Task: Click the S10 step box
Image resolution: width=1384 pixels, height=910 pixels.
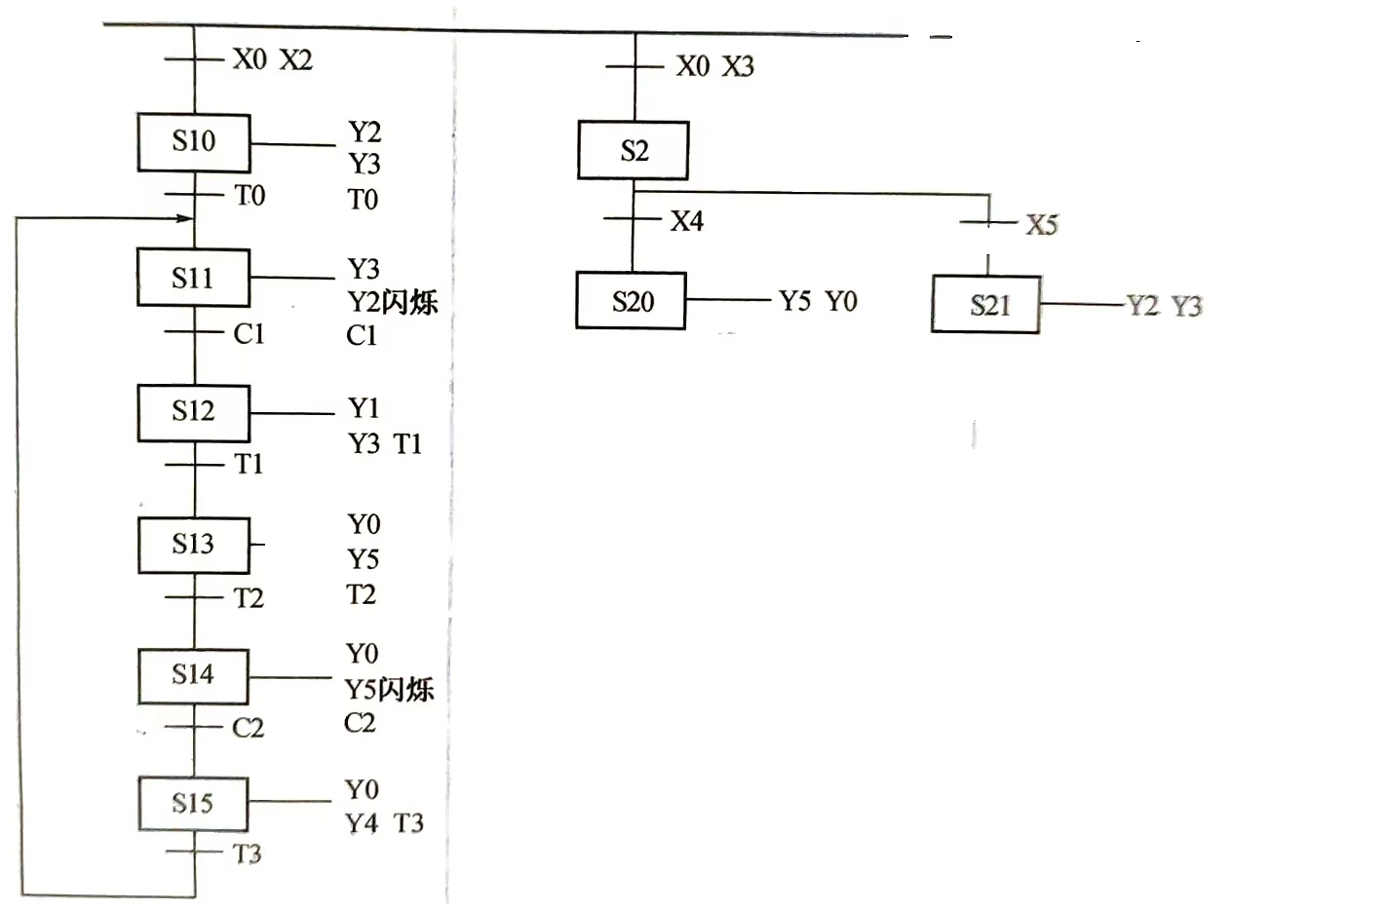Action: [194, 142]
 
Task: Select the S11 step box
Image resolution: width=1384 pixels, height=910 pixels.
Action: [193, 279]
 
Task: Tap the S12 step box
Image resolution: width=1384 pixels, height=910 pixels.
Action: [193, 412]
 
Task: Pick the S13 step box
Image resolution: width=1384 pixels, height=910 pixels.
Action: [193, 545]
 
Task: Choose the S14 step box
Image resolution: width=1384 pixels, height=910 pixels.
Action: [193, 675]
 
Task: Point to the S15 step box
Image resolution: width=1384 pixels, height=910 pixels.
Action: [193, 804]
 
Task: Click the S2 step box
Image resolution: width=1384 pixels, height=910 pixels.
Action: [634, 151]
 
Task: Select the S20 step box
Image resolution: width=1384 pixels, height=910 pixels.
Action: [632, 302]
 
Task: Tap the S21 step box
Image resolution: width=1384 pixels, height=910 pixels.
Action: [986, 306]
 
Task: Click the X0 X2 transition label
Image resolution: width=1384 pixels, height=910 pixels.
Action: [272, 60]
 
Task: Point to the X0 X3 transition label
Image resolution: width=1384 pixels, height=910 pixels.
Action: [714, 66]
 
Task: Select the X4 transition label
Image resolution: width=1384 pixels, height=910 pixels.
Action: [686, 222]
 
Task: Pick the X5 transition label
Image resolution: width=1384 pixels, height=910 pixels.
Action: [1041, 226]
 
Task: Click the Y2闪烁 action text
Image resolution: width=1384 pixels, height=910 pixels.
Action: [392, 302]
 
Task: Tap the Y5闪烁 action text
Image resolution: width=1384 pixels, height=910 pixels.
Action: [389, 690]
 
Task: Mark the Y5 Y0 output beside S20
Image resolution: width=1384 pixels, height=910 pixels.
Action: [818, 302]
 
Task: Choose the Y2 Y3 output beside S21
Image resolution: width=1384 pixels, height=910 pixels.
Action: [1165, 307]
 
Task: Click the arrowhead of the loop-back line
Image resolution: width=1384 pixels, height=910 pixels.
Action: [184, 218]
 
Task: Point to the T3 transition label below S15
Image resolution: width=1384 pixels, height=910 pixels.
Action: [248, 854]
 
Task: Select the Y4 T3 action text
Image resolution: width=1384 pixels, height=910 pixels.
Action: [384, 824]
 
